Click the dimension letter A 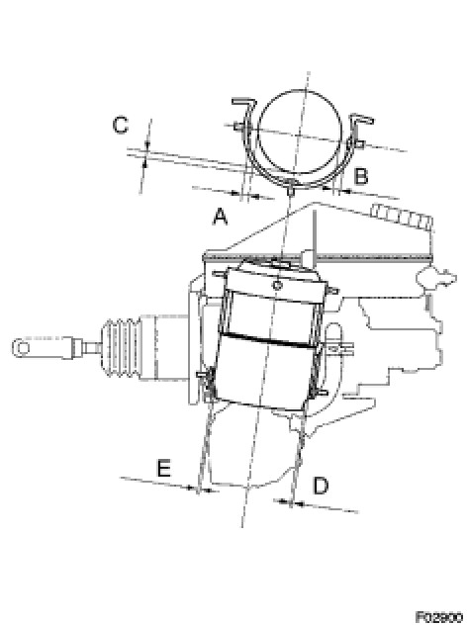(x=220, y=217)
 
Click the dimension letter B (x=361, y=176)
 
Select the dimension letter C (x=121, y=125)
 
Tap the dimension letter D (x=321, y=485)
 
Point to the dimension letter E (x=163, y=468)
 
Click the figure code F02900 (x=438, y=617)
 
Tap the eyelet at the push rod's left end (x=23, y=347)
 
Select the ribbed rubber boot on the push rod (x=120, y=348)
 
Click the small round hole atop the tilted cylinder (x=276, y=285)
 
